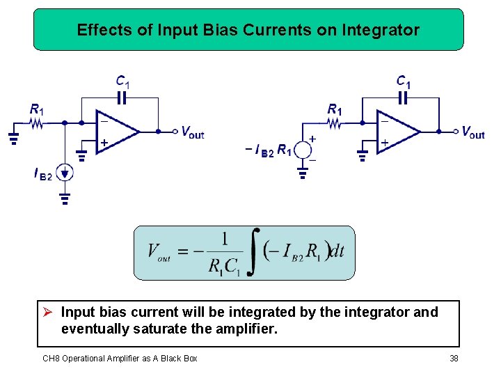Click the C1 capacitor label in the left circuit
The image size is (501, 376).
pyautogui.click(x=123, y=81)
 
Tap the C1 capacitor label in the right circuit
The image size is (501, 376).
pyautogui.click(x=404, y=81)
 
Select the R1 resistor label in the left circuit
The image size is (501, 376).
pyautogui.click(x=37, y=109)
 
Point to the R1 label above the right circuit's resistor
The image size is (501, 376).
pyautogui.click(x=335, y=109)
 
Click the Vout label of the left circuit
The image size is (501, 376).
pyautogui.click(x=192, y=132)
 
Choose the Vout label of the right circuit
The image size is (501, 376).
pyautogui.click(x=472, y=132)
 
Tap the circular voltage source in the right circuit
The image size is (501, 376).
pyautogui.click(x=303, y=150)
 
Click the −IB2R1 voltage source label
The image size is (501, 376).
pyautogui.click(x=268, y=150)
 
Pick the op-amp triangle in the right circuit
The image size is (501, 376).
pyautogui.click(x=397, y=131)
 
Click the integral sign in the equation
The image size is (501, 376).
pyautogui.click(x=255, y=251)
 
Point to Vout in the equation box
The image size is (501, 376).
pyautogui.click(x=159, y=252)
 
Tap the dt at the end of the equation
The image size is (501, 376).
pyautogui.click(x=336, y=251)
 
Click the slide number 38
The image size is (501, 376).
pyautogui.click(x=454, y=358)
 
